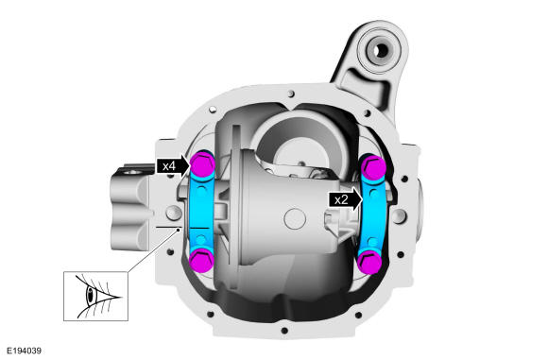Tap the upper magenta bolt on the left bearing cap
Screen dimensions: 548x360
202,164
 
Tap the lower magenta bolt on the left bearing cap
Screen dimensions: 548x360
201,260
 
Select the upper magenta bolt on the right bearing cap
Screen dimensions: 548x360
373,166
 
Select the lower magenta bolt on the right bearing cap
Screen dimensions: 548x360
370,262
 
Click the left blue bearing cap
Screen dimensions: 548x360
201,212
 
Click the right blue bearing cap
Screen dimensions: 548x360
372,214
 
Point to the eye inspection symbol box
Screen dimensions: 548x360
95,296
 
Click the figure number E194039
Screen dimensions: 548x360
25,351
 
